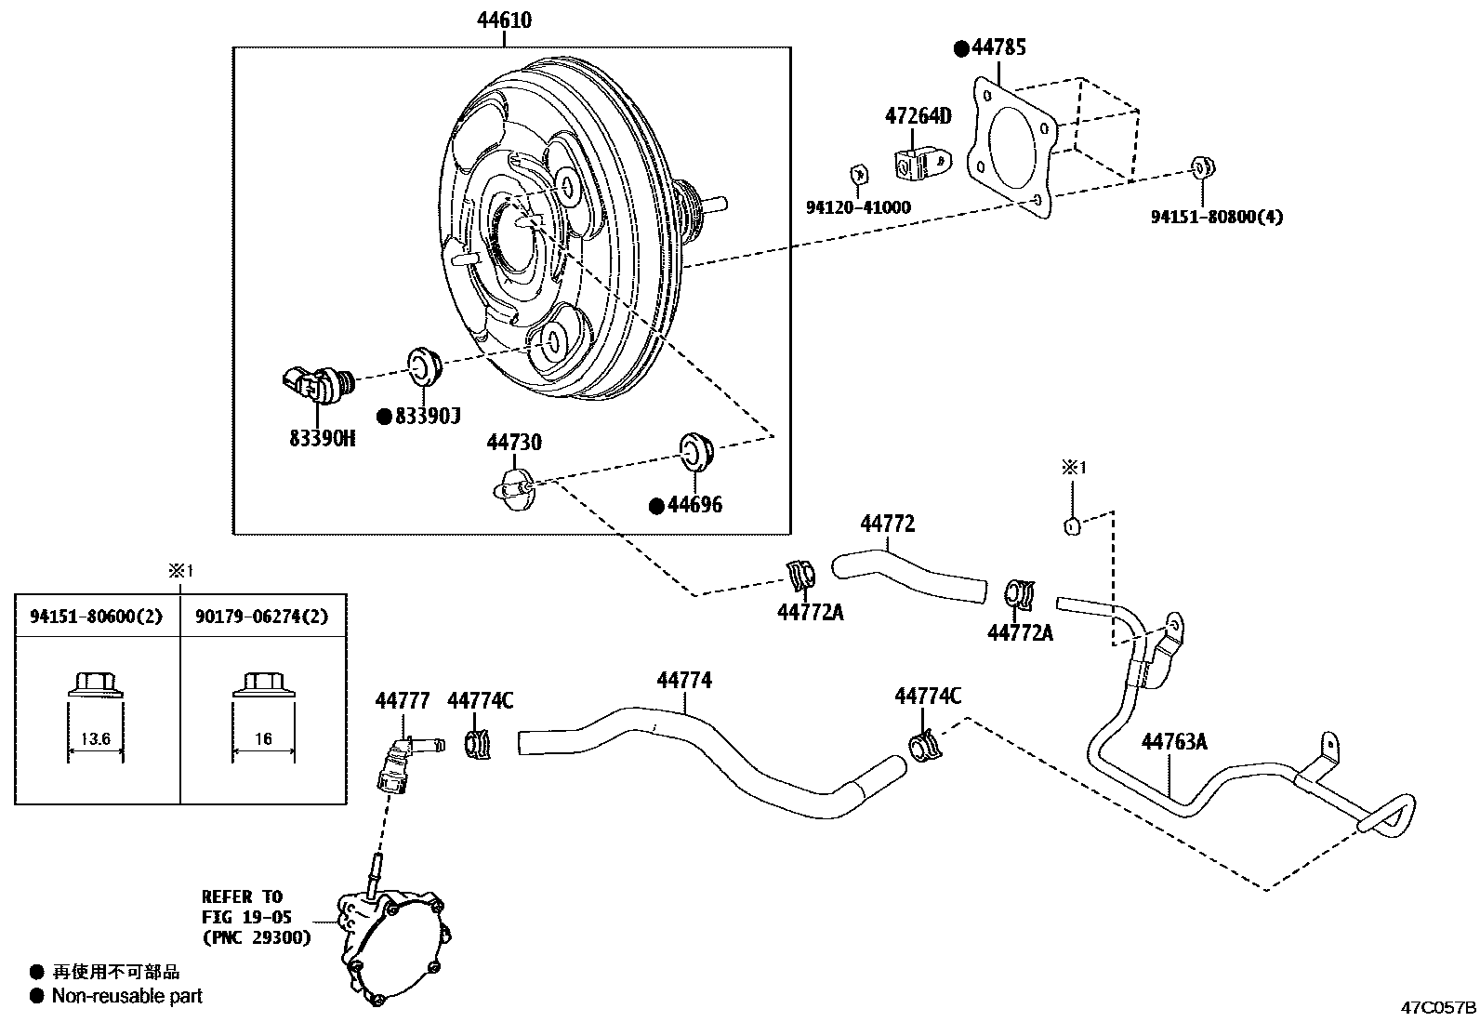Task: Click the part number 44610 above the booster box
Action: point(506,20)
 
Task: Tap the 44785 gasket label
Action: point(999,47)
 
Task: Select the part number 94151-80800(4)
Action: point(1217,217)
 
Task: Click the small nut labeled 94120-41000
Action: point(860,175)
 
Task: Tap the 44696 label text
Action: point(694,505)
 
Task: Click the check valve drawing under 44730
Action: point(514,487)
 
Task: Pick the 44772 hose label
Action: point(887,524)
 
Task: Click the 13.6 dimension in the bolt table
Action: point(95,739)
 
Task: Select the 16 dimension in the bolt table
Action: point(263,739)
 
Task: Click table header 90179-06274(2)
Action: point(262,616)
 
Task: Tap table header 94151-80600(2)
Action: point(97,616)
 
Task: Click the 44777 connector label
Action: point(403,700)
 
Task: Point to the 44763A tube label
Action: point(1174,741)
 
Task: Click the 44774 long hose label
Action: point(684,680)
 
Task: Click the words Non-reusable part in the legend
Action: point(126,996)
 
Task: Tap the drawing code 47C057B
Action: point(1438,1007)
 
